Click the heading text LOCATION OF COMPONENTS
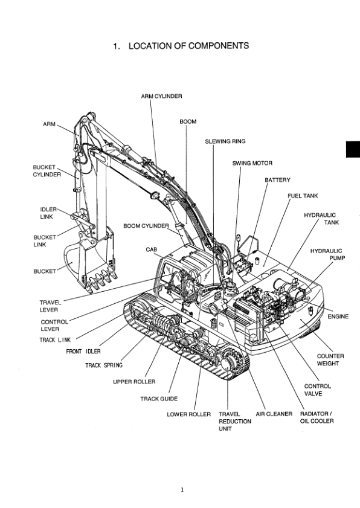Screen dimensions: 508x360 tap(181, 46)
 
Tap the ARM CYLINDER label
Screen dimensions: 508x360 tap(161, 96)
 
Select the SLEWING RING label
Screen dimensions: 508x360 tap(225, 141)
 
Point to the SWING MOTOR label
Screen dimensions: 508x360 tap(252, 163)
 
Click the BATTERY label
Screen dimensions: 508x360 tap(277, 180)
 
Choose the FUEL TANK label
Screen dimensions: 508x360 tap(303, 196)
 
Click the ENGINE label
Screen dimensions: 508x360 tap(338, 317)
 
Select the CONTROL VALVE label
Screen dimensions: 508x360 tap(317, 390)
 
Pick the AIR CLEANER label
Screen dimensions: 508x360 tap(274, 414)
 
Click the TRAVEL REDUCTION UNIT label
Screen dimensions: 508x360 tap(234, 421)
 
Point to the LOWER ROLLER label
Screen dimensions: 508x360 tap(188, 414)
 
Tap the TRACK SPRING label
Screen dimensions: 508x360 tap(103, 365)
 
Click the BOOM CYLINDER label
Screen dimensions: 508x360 tap(146, 226)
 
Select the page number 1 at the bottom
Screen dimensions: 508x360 tap(181, 490)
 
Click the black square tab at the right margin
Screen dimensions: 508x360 tap(353, 149)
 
